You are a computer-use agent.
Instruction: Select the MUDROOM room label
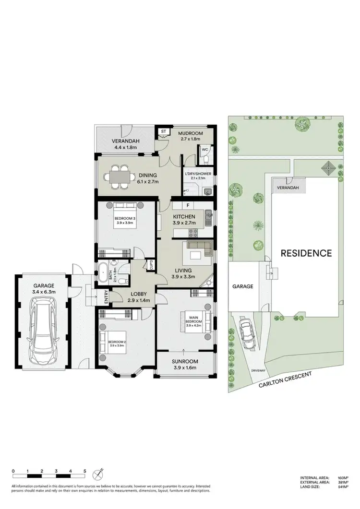pos(191,133)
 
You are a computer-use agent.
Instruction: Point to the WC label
pos(205,149)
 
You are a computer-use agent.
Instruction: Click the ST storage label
pos(163,131)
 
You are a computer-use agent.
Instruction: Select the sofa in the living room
pos(200,249)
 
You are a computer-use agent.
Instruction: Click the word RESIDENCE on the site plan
pos(306,253)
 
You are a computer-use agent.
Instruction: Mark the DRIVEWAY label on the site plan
pos(257,371)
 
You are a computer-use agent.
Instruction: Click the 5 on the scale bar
pos(85,471)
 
